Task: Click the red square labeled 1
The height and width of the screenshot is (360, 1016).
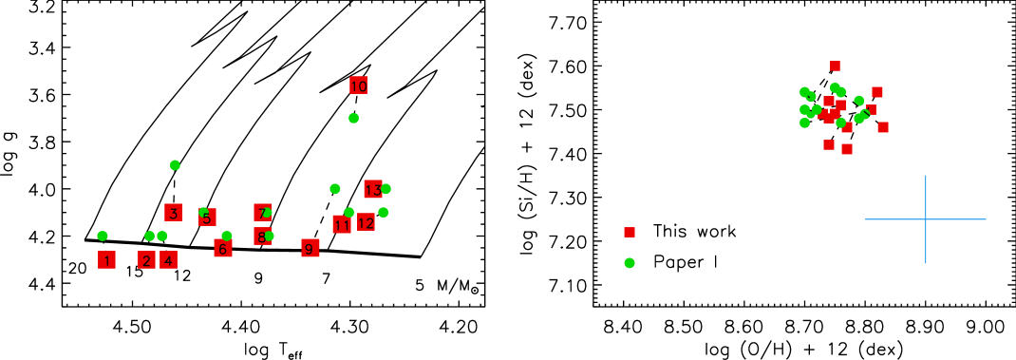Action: click(106, 259)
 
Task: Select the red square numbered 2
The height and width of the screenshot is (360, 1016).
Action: click(146, 259)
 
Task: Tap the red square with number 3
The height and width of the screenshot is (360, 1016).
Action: click(173, 213)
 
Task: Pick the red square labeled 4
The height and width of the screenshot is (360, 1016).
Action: click(168, 259)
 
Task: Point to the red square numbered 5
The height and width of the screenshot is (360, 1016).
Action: click(207, 218)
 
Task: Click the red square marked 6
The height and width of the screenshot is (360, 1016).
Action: click(223, 248)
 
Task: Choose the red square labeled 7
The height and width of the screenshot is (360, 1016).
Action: click(262, 213)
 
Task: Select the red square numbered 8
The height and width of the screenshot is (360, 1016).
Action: click(262, 236)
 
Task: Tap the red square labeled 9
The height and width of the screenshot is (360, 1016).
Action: click(310, 248)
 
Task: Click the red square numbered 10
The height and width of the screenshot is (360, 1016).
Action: click(358, 85)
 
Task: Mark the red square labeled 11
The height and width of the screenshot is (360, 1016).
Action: click(341, 224)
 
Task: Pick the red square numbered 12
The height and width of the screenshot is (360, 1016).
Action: click(366, 222)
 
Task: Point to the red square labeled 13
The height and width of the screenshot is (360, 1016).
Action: click(372, 189)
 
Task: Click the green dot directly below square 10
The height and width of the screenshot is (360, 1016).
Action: click(353, 118)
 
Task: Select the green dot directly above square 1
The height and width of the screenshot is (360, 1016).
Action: click(103, 236)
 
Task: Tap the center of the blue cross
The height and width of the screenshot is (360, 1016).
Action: click(926, 219)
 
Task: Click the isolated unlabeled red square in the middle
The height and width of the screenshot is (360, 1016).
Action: click(630, 232)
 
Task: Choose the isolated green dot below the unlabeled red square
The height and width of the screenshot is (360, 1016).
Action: click(630, 263)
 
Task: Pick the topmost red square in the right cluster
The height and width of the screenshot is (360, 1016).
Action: click(835, 66)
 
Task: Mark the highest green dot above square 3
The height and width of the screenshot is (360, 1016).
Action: click(175, 165)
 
